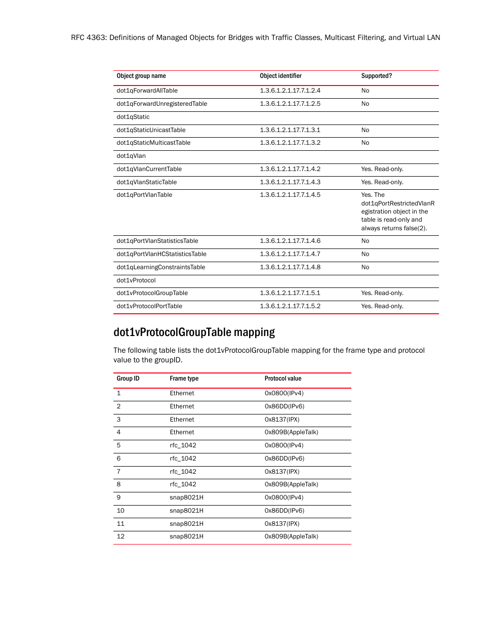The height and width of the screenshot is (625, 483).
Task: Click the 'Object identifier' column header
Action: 280,76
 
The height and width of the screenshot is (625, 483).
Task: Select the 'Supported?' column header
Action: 376,76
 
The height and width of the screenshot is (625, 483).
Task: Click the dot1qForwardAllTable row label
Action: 147,91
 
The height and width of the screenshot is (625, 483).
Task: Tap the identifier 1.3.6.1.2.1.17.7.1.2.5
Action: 290,104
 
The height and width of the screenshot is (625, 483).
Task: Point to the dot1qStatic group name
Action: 133,117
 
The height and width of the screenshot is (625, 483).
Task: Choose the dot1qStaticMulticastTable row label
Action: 153,143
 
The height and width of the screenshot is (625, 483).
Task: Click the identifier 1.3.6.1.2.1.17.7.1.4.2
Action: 290,169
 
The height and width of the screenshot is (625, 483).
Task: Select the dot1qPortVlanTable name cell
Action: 144,195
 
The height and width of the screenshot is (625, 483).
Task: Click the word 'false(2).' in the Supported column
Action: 415,228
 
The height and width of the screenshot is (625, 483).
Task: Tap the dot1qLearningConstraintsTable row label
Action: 160,267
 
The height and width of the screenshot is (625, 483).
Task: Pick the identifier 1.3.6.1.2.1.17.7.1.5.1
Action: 290,293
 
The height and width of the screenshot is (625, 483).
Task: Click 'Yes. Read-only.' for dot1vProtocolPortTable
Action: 382,306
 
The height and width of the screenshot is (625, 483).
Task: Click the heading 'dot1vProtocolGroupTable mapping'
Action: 194,332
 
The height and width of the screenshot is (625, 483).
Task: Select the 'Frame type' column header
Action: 184,379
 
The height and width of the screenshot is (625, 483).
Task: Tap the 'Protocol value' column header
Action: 283,379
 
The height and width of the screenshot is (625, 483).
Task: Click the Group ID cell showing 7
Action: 119,472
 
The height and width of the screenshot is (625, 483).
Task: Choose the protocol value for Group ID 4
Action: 291,432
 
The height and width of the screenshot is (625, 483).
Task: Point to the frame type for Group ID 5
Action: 183,445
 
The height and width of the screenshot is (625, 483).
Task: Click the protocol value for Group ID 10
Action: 284,511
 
